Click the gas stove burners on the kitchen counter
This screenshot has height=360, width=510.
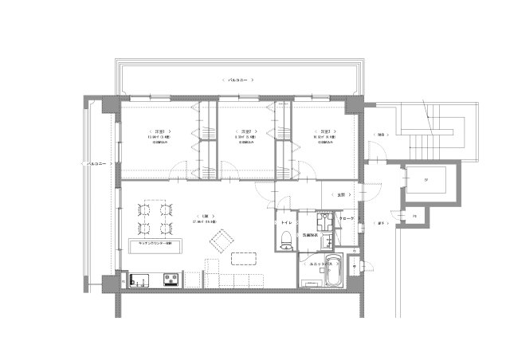171,280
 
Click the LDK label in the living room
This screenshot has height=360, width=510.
205,216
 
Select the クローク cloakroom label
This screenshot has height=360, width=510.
347,217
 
